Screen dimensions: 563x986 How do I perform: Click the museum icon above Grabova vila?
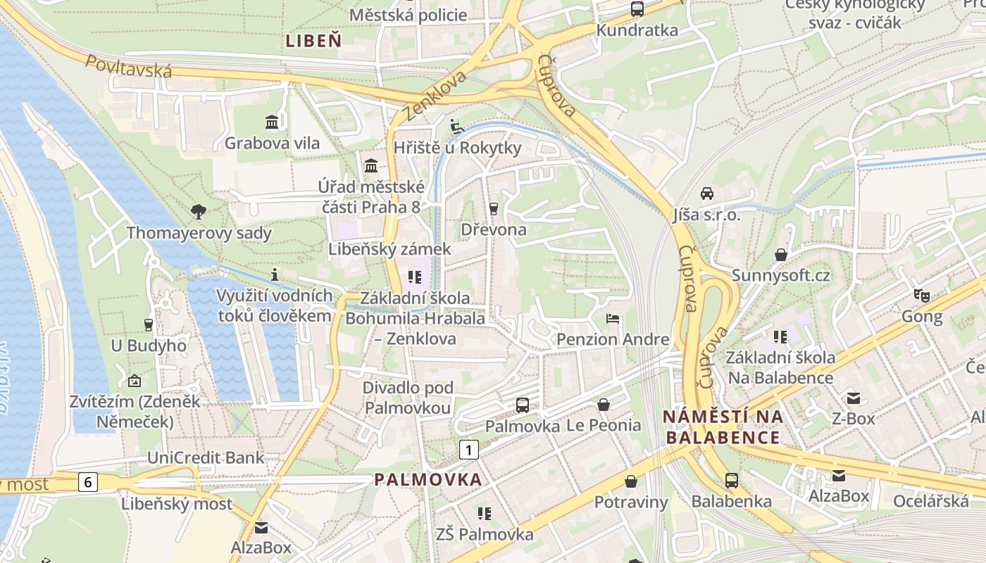coord(272,122)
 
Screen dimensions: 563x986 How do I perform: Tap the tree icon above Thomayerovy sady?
coord(199,210)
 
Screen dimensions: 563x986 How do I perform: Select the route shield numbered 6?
coord(87,482)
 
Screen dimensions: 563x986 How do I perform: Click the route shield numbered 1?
coord(469,449)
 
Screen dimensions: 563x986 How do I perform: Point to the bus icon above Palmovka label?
coord(522,405)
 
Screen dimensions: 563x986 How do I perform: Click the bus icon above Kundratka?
coord(637,9)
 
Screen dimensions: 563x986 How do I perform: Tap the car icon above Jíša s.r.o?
coord(706,193)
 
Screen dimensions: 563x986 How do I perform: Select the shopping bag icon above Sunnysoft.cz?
coord(780,254)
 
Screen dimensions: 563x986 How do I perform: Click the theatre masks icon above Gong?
coord(921,295)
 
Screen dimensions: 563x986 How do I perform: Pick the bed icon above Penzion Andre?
coord(613,319)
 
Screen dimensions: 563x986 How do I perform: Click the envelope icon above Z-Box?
coord(854,398)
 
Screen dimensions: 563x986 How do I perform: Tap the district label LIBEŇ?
coord(313,41)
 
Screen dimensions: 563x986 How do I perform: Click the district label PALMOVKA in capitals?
coord(428,480)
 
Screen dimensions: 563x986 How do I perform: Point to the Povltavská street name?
coord(129,65)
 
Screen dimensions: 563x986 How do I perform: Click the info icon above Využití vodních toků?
coord(275,274)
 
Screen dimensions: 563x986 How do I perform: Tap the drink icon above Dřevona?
coord(493,208)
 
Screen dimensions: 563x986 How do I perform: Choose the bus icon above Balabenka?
coord(731,481)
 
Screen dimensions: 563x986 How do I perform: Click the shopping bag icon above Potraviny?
coord(630,481)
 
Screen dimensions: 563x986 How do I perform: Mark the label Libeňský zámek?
coord(389,249)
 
